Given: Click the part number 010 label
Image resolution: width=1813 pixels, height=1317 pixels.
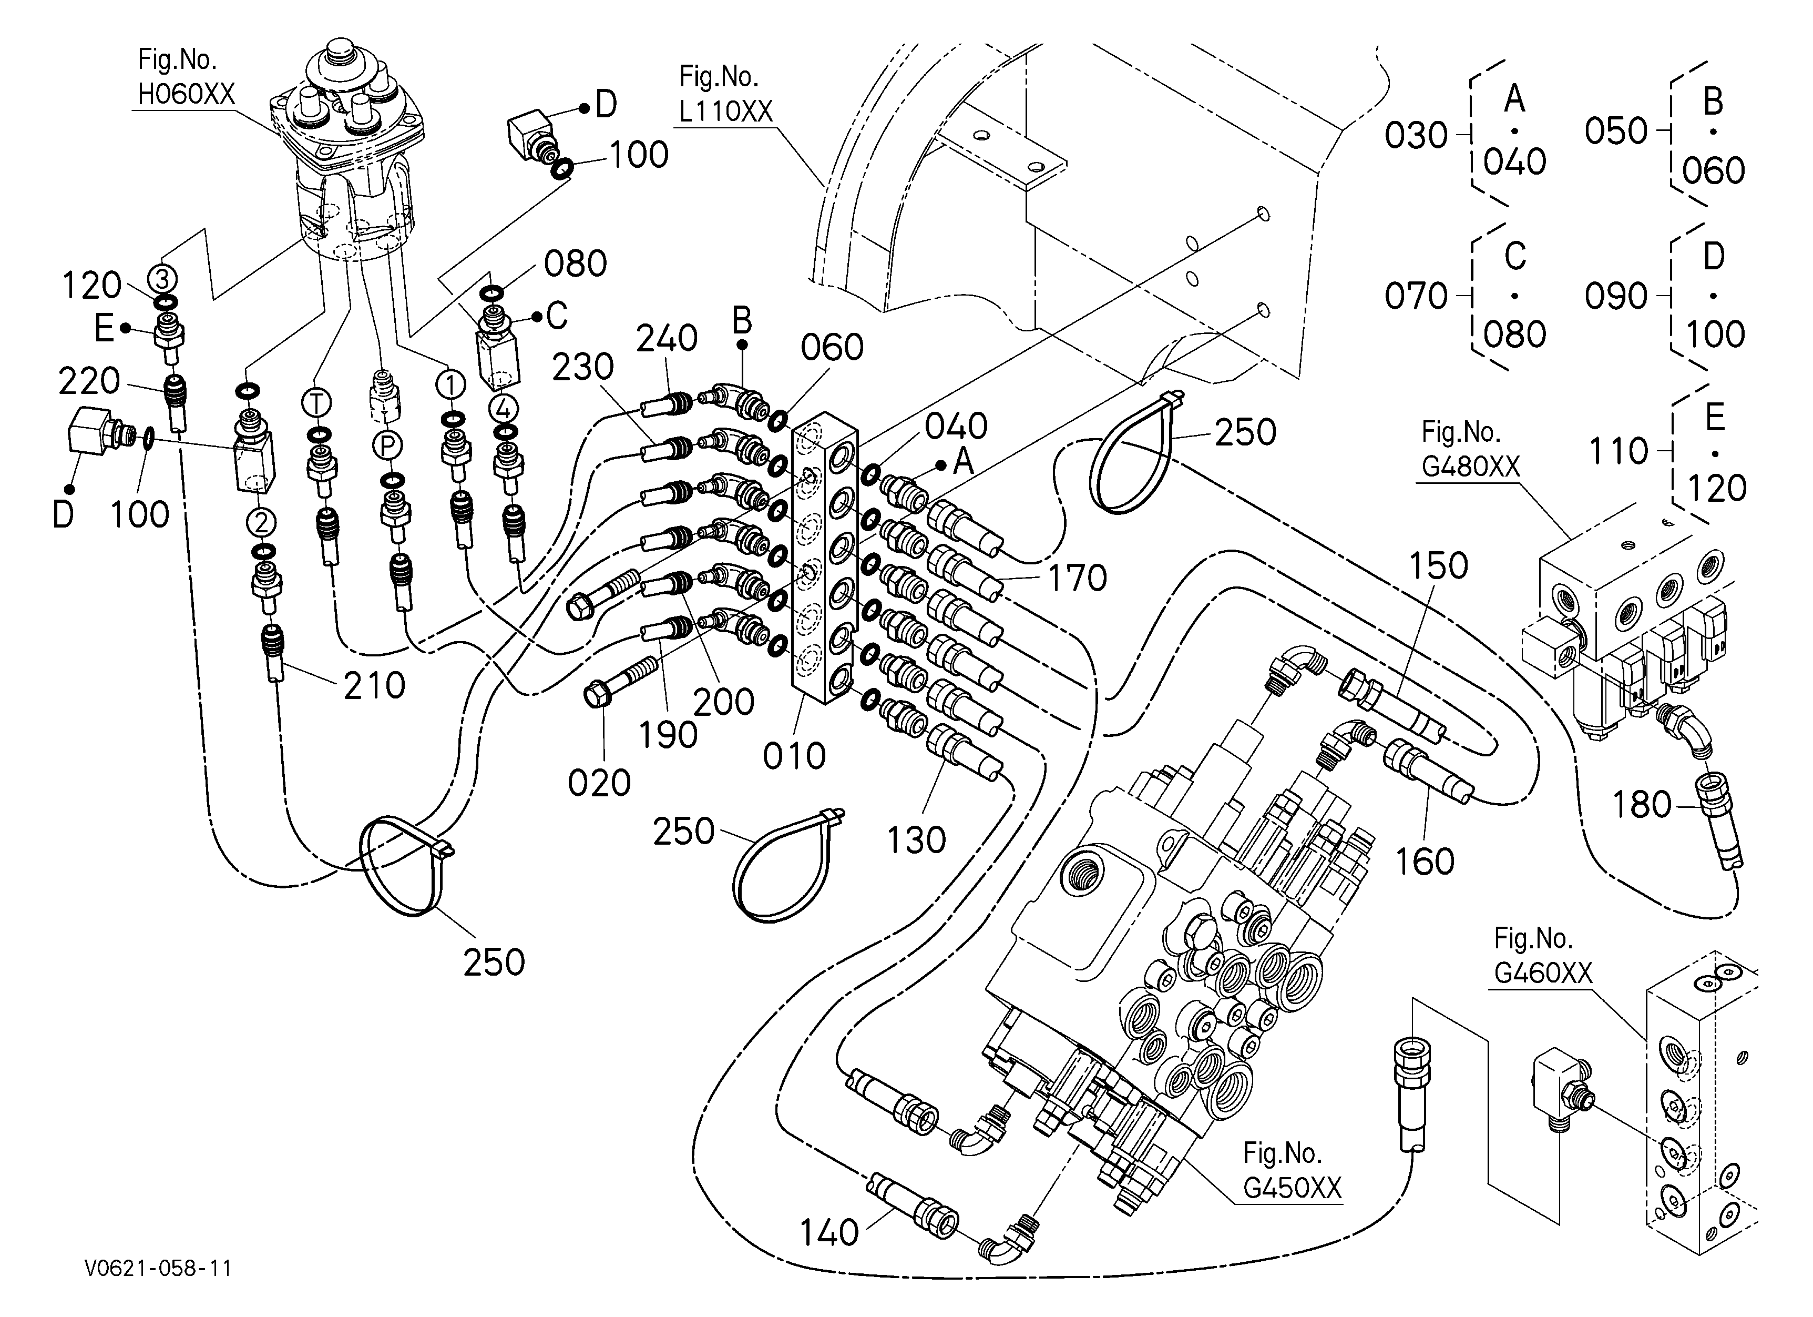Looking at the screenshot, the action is [x=794, y=756].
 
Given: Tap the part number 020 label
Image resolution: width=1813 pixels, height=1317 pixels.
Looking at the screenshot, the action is [x=600, y=784].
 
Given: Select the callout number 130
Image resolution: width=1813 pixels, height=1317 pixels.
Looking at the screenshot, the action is [x=916, y=840].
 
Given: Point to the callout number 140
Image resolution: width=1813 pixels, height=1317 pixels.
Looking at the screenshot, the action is [x=830, y=1233].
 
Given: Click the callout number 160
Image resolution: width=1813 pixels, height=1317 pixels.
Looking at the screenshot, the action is [x=1425, y=862].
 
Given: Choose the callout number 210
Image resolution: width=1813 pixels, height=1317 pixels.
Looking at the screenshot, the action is [x=375, y=686].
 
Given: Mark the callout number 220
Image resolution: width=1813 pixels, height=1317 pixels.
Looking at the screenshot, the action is [x=89, y=381].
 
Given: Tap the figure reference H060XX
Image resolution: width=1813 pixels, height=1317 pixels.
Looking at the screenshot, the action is [x=186, y=94].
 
